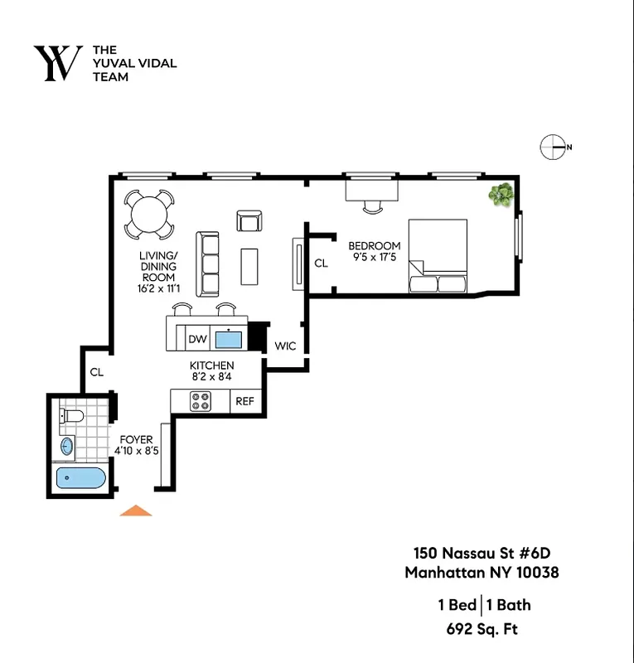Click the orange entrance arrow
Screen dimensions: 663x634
136,511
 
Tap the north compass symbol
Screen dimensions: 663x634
553,147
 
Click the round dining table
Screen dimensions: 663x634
150,213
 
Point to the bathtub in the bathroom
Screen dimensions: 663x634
80,479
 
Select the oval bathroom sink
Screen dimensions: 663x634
67,448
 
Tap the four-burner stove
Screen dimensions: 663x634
201,402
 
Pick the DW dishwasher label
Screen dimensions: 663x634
197,339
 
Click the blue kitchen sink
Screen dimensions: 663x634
228,339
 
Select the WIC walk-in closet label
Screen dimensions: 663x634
285,346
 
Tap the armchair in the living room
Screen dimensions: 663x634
249,220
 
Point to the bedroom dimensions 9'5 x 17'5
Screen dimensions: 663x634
374,258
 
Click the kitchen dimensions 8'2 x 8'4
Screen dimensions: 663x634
212,377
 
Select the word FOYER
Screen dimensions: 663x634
136,439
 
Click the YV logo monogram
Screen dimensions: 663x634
57,64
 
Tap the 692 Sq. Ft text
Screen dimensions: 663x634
482,628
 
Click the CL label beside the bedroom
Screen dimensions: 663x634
322,264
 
